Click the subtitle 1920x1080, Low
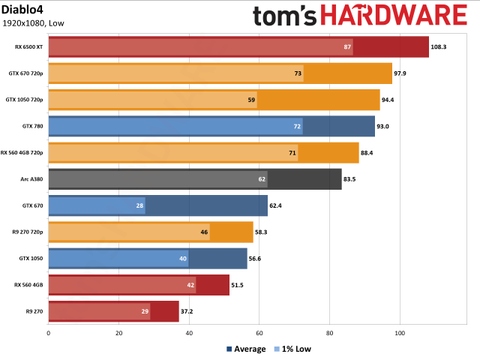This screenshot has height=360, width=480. point(36,23)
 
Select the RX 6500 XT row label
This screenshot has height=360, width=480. point(30,46)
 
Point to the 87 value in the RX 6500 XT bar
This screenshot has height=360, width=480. point(347,46)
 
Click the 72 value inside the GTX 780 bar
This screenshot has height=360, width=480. point(297,126)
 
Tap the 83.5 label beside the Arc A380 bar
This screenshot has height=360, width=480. point(350,179)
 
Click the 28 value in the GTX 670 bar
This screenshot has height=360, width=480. point(139,206)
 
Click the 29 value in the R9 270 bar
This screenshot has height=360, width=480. point(144,312)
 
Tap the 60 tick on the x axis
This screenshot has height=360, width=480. point(259,333)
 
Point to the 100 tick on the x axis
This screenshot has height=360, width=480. point(400,333)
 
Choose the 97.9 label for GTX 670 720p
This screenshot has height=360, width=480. point(405,73)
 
